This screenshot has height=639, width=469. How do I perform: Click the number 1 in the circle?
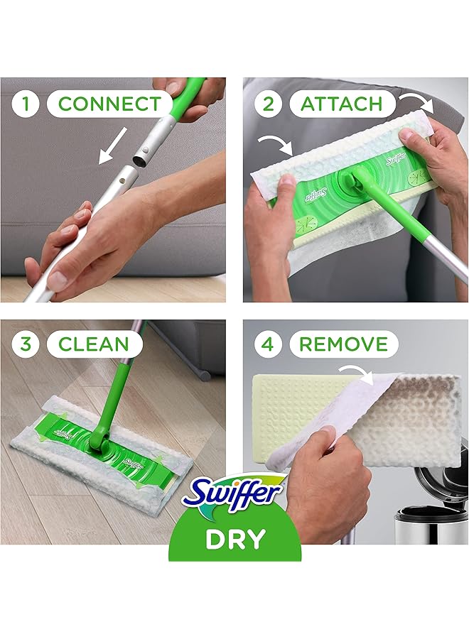[x=26, y=104]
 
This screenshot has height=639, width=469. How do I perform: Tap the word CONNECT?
[x=109, y=104]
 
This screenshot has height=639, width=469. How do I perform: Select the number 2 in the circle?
[x=268, y=104]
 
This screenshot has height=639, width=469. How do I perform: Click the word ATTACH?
[x=341, y=104]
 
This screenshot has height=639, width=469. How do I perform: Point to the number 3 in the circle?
[x=26, y=345]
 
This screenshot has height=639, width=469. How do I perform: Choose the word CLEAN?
[x=94, y=345]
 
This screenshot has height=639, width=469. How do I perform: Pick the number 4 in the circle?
[x=268, y=345]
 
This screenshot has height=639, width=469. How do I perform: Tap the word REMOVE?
[x=343, y=345]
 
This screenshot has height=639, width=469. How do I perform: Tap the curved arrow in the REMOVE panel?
[x=357, y=374]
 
